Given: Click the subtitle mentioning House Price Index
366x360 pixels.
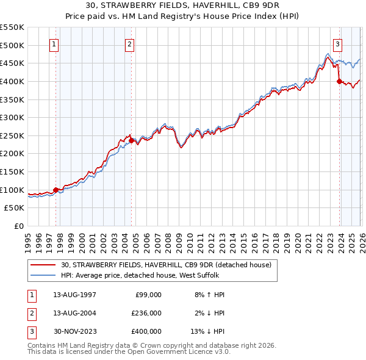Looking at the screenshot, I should (182, 17).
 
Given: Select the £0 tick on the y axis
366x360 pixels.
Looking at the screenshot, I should (18, 226).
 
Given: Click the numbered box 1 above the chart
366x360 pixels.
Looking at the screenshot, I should (54, 43).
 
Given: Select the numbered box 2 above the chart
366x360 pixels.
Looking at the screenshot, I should (130, 43).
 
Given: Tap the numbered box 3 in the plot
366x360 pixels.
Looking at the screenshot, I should (337, 43).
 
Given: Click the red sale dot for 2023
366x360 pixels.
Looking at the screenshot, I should (339, 81).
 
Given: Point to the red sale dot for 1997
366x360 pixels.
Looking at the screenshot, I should (56, 190).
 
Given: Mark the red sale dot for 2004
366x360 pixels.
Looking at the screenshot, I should (131, 140).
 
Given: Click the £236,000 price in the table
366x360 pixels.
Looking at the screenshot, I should (147, 313).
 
